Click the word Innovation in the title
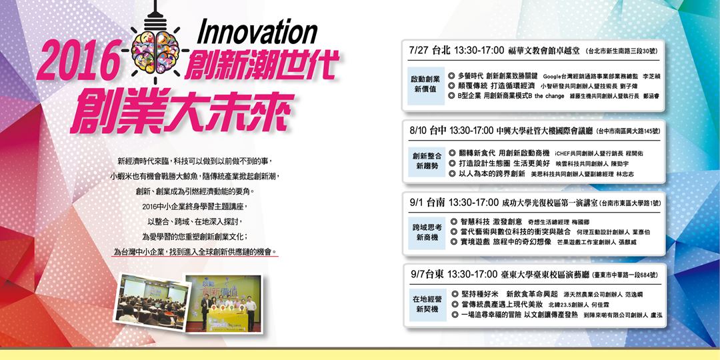point(257,32)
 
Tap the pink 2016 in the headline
point(74,64)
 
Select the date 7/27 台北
point(429,51)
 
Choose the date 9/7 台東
point(428,274)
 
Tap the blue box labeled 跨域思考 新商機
point(426,233)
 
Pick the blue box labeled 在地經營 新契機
point(426,305)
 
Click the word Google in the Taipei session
point(554,76)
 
